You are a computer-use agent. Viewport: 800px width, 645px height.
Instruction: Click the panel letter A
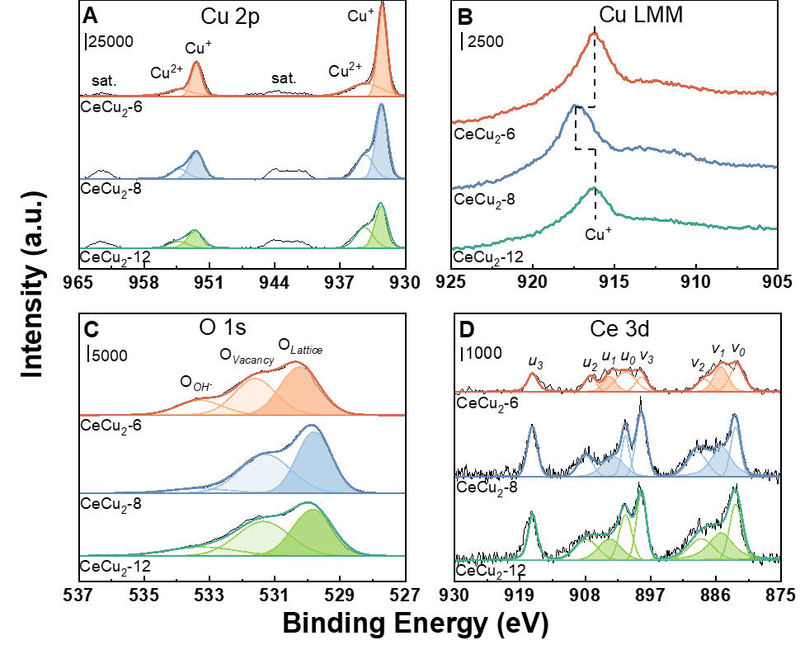coord(89,16)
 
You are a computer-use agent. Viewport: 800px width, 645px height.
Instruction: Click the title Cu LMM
coord(640,16)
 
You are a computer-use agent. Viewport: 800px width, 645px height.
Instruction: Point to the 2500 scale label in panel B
coord(484,40)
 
